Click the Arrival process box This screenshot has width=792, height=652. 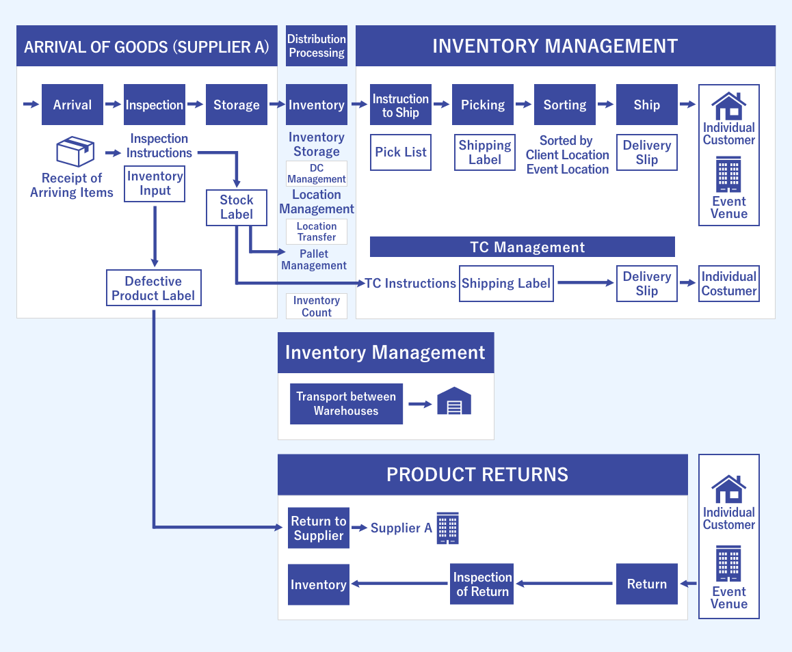tap(72, 105)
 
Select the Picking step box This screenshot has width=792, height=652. tap(482, 105)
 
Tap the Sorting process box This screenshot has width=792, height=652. tap(564, 105)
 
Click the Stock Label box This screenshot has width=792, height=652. tap(236, 207)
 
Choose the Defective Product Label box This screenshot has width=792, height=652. tap(154, 288)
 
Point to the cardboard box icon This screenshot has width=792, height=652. tap(75, 152)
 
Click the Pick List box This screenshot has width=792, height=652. tap(400, 152)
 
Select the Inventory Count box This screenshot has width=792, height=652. tap(316, 306)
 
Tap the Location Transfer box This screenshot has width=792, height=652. tap(316, 232)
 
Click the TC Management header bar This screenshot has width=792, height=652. tap(522, 247)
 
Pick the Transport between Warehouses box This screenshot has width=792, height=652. tap(346, 404)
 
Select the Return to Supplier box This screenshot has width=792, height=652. tap(318, 528)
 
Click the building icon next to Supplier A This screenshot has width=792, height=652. tap(447, 528)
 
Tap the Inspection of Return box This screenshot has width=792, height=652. tap(482, 584)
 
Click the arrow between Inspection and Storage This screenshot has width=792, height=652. tap(195, 105)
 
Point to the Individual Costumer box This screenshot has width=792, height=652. tap(728, 284)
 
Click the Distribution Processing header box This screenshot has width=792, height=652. tap(316, 46)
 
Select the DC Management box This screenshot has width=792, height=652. tap(316, 174)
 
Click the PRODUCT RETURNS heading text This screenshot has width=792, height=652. tap(477, 474)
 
